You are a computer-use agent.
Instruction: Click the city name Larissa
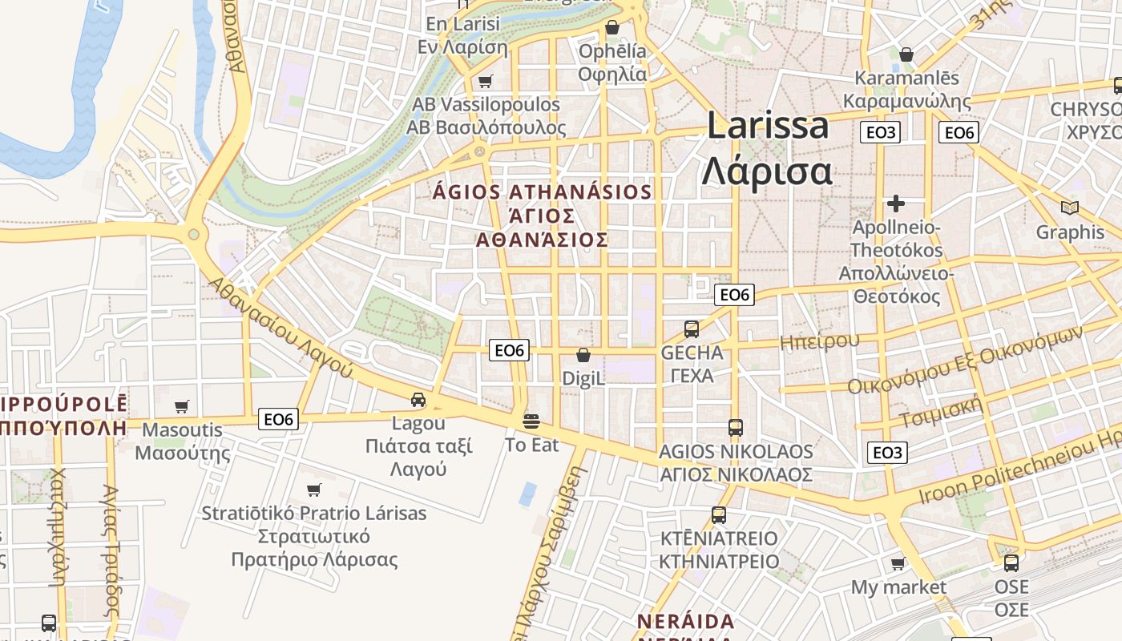(767, 127)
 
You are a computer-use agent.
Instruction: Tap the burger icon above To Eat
(531, 421)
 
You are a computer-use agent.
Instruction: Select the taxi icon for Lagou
(418, 400)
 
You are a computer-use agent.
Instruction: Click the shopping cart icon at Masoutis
(182, 407)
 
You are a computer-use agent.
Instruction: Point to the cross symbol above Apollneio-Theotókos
(896, 204)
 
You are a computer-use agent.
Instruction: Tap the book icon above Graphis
(1069, 208)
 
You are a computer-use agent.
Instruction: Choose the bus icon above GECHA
(691, 329)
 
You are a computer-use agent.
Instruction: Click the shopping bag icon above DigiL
(583, 355)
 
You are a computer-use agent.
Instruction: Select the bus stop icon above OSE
(1011, 563)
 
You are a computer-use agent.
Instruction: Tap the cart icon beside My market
(898, 564)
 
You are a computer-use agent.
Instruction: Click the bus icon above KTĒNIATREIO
(719, 514)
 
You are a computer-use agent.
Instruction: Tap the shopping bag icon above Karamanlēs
(906, 55)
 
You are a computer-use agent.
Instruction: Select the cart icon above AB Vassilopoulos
(485, 82)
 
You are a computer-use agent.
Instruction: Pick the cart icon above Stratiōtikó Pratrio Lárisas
(314, 490)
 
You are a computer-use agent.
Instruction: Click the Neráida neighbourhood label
(685, 622)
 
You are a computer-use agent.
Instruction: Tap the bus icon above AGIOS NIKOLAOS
(736, 428)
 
